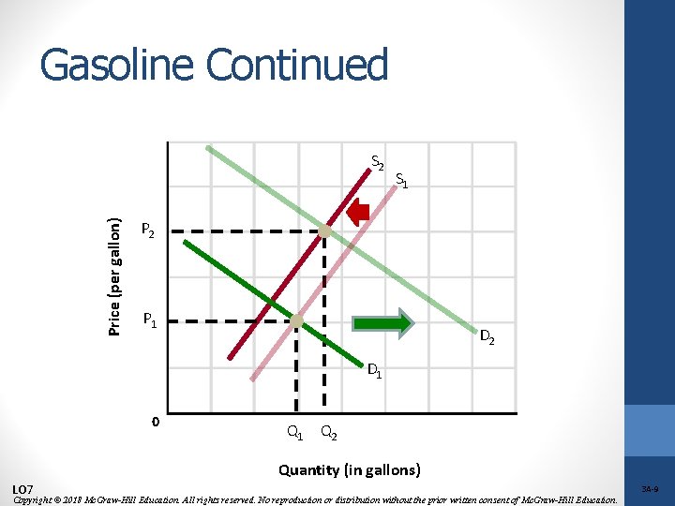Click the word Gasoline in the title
coord(117,66)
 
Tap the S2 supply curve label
coord(378,162)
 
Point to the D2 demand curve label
coord(487,336)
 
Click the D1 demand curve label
coord(374,370)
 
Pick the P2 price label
coord(148,230)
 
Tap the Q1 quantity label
coord(294,433)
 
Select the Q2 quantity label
coord(329,433)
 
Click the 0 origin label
coord(155,421)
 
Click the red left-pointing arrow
coord(357,214)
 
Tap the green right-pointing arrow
coord(382,322)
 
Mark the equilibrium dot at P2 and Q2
coord(324,231)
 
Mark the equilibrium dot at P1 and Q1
coord(296,321)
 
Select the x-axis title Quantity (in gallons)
coord(349,469)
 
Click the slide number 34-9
coord(650,488)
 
